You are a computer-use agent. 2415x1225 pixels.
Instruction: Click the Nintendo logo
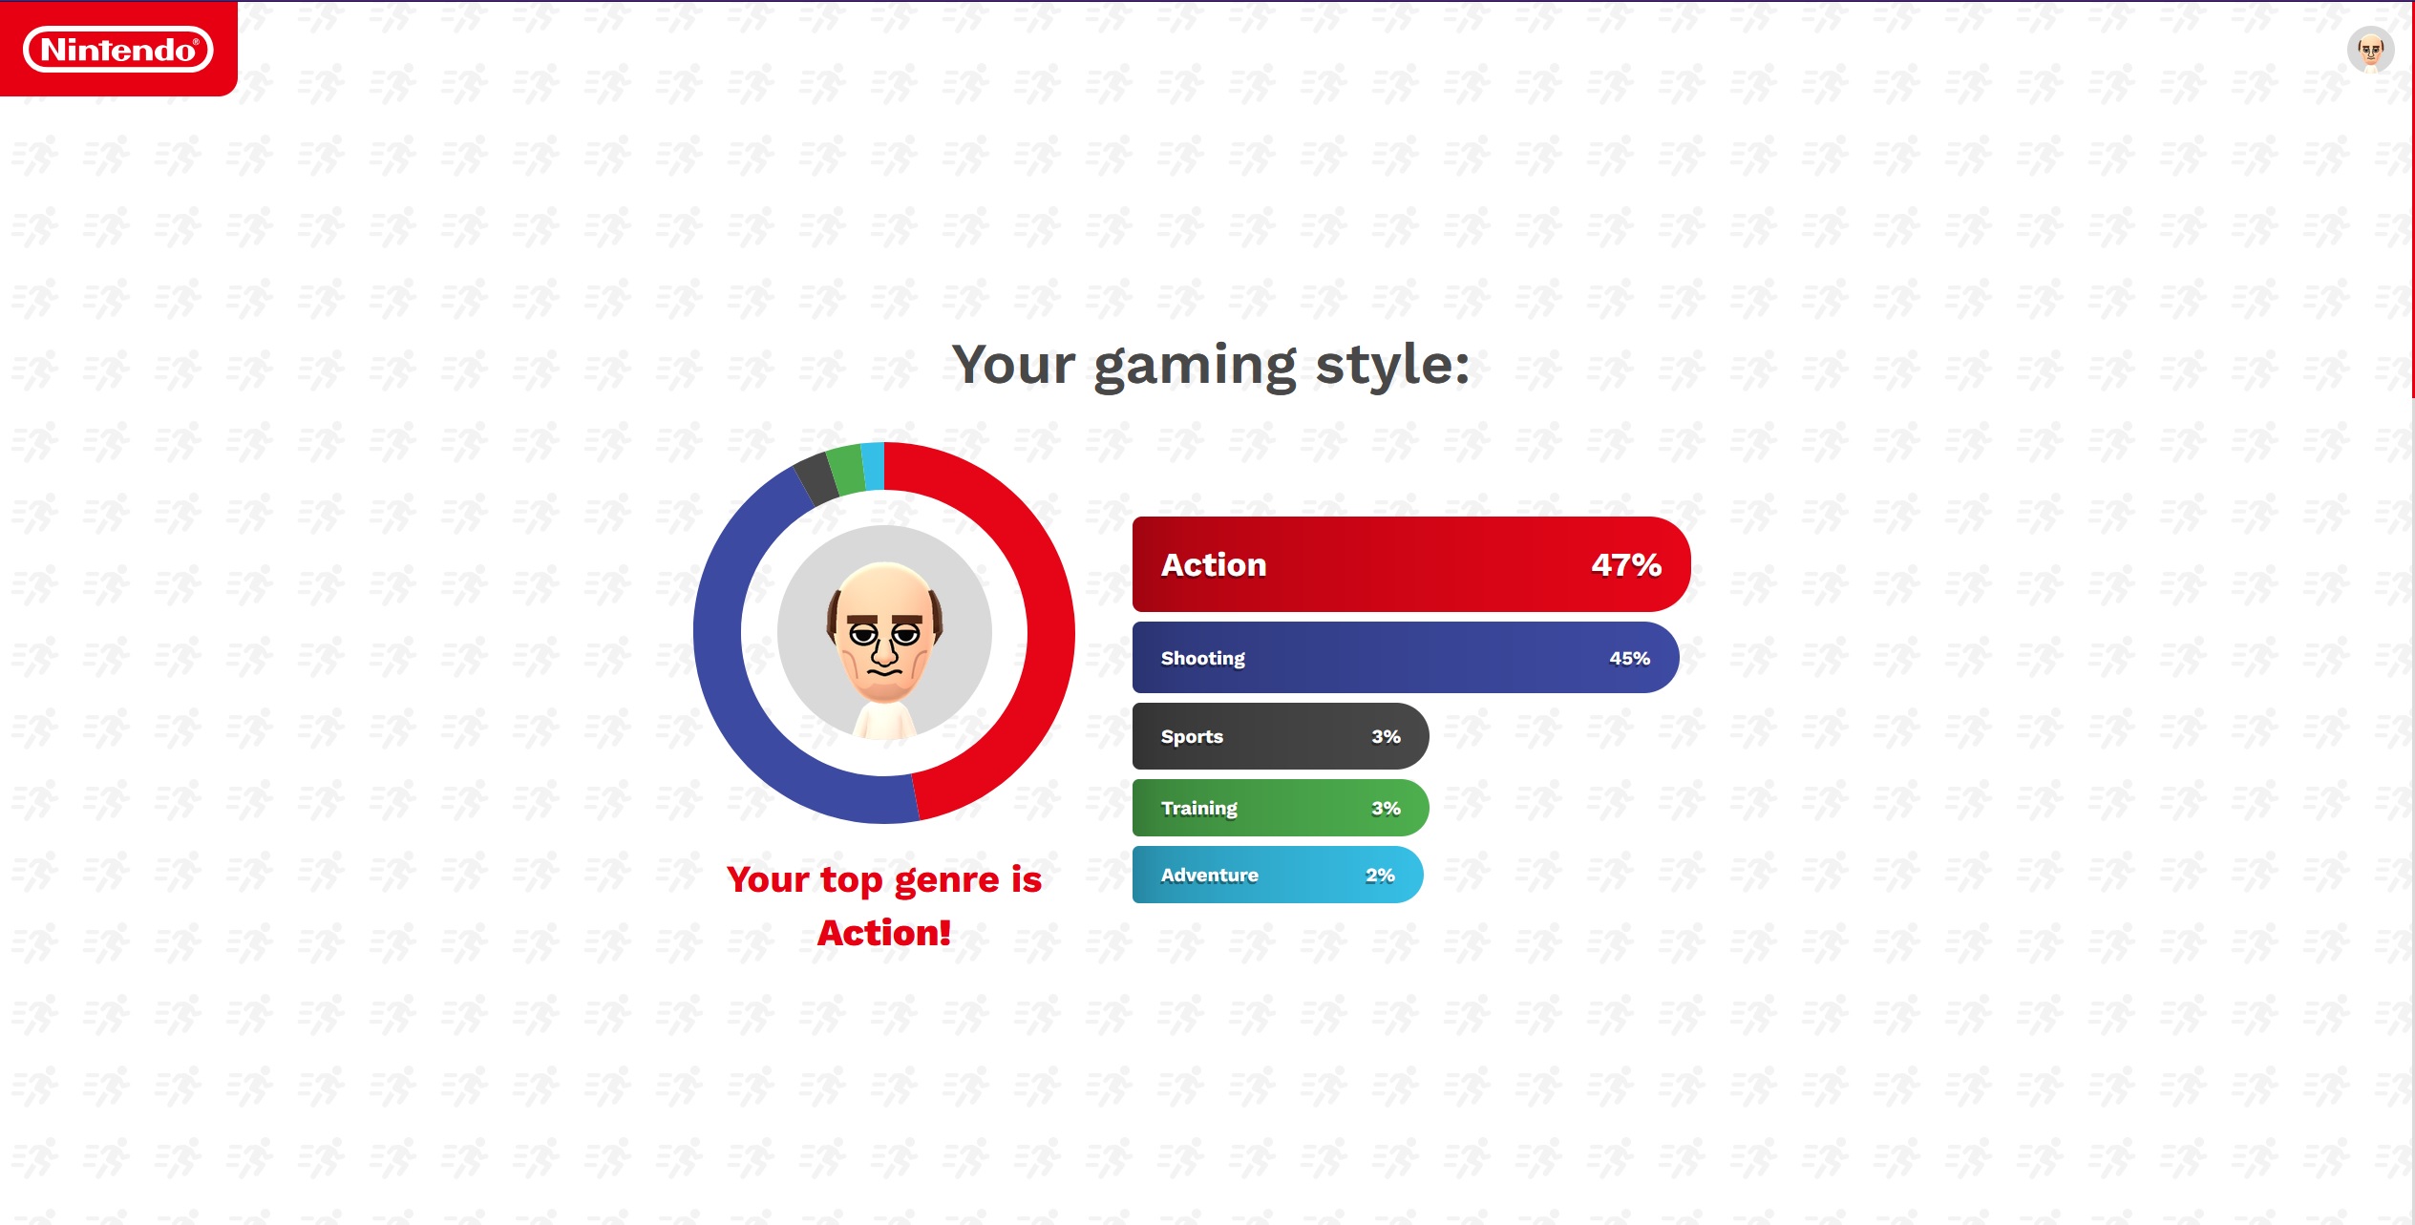tap(118, 49)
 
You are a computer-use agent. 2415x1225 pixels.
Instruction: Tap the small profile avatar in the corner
tap(2370, 50)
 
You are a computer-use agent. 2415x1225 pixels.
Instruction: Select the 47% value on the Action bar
tap(1626, 565)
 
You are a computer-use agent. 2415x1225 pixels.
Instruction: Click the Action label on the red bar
tap(1214, 565)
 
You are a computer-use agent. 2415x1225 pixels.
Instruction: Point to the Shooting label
tap(1203, 659)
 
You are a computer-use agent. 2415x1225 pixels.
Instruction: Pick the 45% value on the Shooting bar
tap(1630, 659)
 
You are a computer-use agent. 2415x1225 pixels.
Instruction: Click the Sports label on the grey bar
tap(1192, 737)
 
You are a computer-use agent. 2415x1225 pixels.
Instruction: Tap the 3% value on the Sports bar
tap(1387, 737)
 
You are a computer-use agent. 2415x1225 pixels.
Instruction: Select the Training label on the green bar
tap(1199, 809)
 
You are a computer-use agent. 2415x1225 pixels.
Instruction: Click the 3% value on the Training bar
tap(1387, 809)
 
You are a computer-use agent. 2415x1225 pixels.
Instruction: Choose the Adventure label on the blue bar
tap(1210, 876)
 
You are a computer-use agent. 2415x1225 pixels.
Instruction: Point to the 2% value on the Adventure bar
tap(1381, 876)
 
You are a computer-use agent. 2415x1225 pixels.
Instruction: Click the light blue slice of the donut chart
tap(873, 466)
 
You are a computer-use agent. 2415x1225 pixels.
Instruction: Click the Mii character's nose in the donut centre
tap(884, 652)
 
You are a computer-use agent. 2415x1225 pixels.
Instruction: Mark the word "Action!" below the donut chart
tap(884, 933)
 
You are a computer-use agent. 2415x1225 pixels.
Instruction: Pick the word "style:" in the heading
tap(1393, 366)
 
